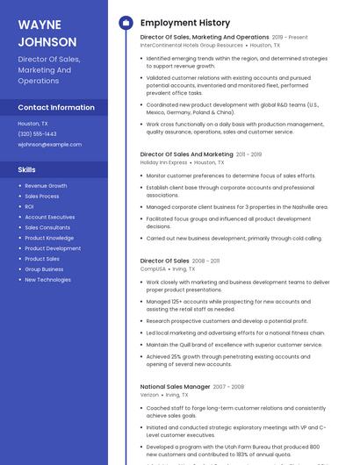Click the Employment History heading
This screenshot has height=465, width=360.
click(185, 23)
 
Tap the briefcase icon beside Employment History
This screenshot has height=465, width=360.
click(126, 23)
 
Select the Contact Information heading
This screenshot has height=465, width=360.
click(56, 107)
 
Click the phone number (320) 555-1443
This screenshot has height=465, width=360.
click(37, 134)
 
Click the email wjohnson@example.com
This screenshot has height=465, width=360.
click(49, 145)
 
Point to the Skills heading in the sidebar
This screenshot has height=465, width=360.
click(27, 169)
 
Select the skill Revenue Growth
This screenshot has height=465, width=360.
click(46, 186)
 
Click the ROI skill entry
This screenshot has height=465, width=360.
click(30, 206)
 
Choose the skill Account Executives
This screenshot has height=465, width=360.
click(49, 217)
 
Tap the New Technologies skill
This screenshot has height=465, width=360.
click(47, 280)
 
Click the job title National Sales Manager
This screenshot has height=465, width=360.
click(175, 386)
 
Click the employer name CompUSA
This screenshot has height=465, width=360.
click(153, 268)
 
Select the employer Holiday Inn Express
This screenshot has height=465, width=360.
click(163, 162)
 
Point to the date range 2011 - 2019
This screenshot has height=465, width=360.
click(249, 154)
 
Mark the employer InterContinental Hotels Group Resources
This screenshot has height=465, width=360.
click(191, 45)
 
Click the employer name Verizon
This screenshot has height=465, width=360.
click(149, 395)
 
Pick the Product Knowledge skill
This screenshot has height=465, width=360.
click(49, 238)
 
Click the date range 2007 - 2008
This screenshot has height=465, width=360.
click(228, 387)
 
